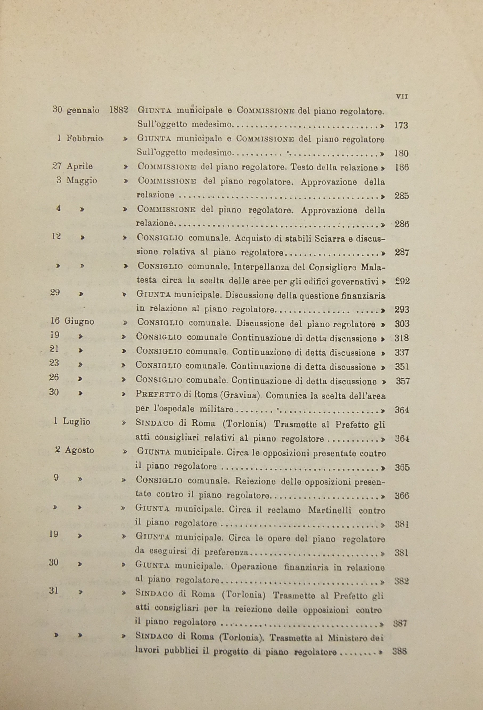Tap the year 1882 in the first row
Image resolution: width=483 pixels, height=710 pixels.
coord(118,110)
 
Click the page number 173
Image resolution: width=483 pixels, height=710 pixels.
coord(401,125)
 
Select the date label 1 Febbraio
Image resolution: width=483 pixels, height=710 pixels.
coord(80,138)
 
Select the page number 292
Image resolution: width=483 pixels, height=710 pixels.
coord(402,281)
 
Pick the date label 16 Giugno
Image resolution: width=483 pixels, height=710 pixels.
coord(72,321)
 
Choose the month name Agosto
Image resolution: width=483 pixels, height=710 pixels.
coord(79,450)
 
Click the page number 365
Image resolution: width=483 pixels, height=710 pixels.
coord(402,467)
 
